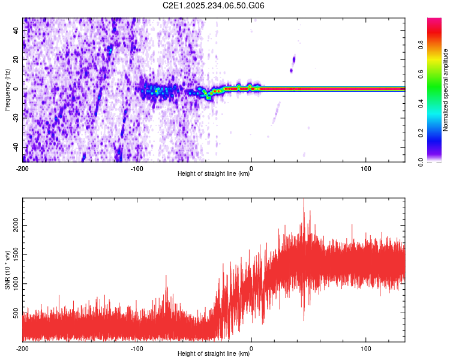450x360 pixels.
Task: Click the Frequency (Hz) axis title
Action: click(x=7, y=90)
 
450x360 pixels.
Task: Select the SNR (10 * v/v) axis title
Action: click(x=7, y=270)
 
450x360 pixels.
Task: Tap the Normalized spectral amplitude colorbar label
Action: click(x=446, y=90)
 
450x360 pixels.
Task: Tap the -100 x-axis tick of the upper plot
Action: click(x=137, y=167)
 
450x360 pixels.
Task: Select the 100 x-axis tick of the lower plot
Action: click(x=366, y=347)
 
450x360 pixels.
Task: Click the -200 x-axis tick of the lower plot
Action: click(x=23, y=347)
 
